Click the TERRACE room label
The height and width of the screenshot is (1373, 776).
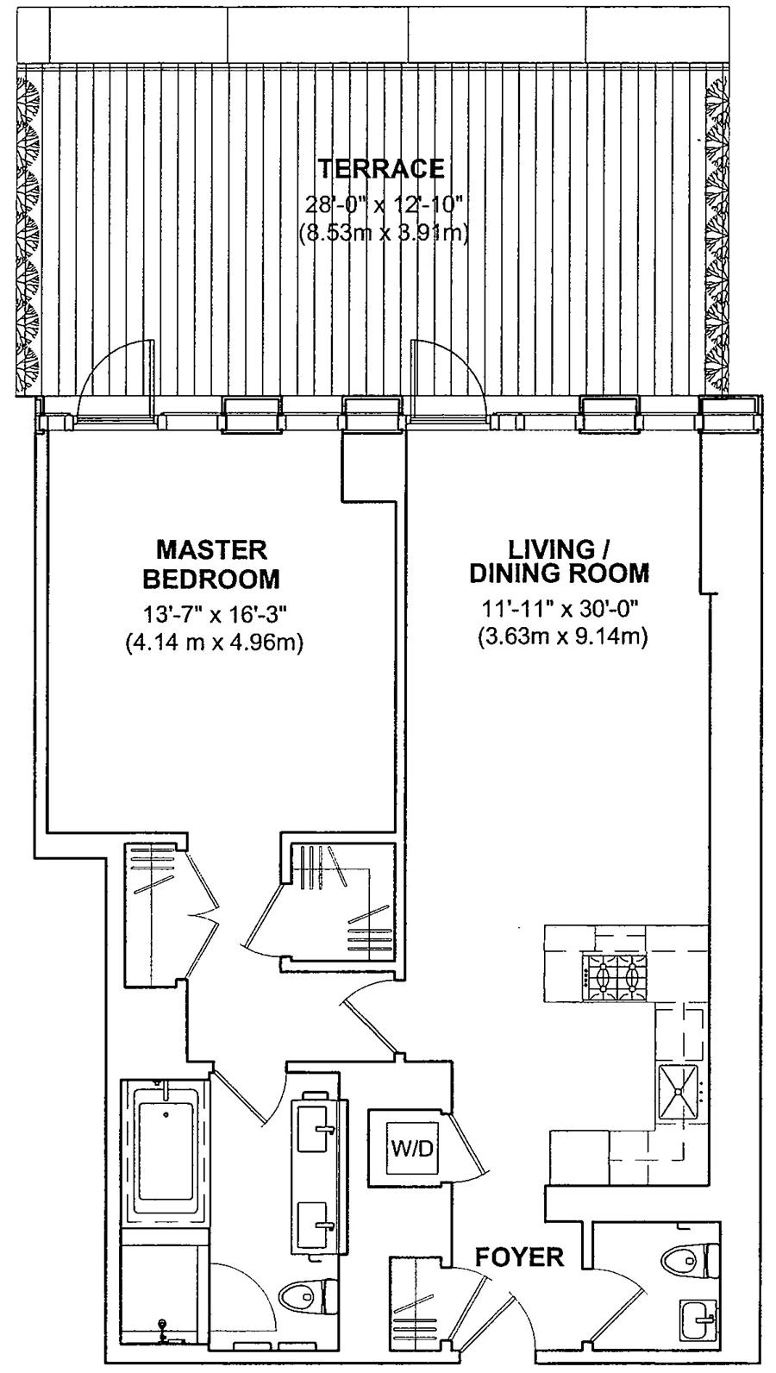coord(381,168)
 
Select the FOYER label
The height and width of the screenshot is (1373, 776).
coord(519,1257)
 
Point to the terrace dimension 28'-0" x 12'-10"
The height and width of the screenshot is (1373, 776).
coord(383,204)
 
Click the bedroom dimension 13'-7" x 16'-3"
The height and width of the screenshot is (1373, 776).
coord(215,613)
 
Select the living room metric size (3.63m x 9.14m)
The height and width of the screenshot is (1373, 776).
coord(562,637)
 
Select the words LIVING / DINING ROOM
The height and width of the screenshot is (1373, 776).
coord(559,561)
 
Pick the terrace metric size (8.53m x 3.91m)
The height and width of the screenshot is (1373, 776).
coord(384,234)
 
